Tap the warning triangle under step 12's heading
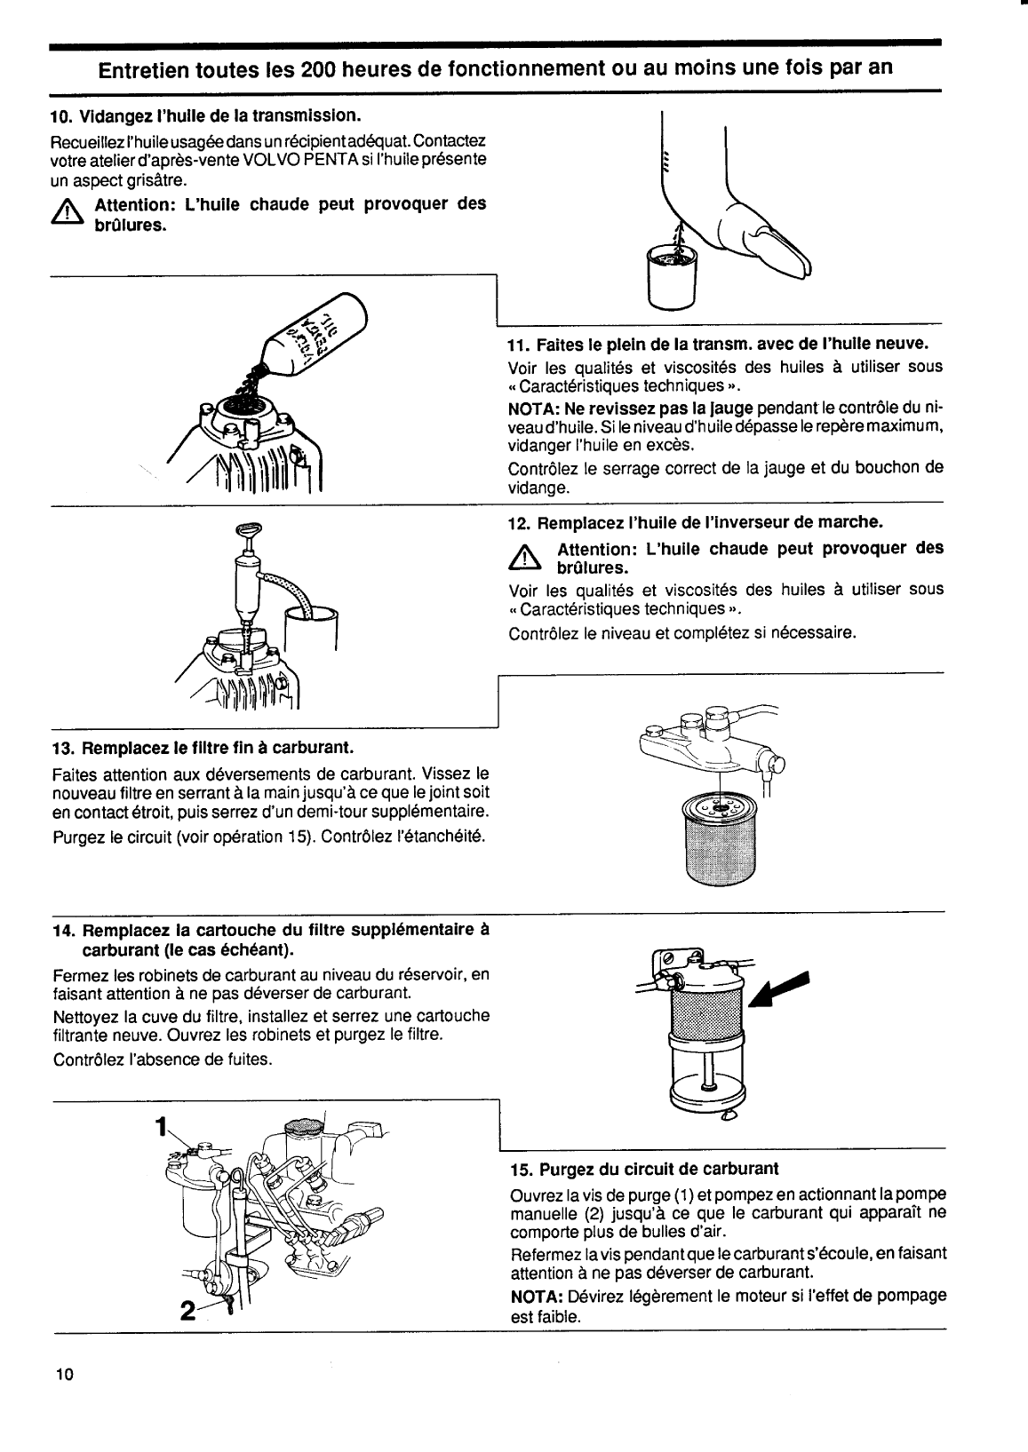(x=526, y=558)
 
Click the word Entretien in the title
(x=141, y=68)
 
